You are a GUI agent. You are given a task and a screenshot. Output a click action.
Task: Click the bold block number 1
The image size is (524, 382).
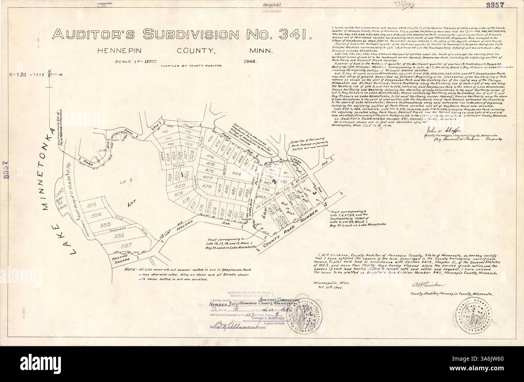pos(183,174)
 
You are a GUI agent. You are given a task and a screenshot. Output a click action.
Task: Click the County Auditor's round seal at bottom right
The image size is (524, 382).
pos(470,312)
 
